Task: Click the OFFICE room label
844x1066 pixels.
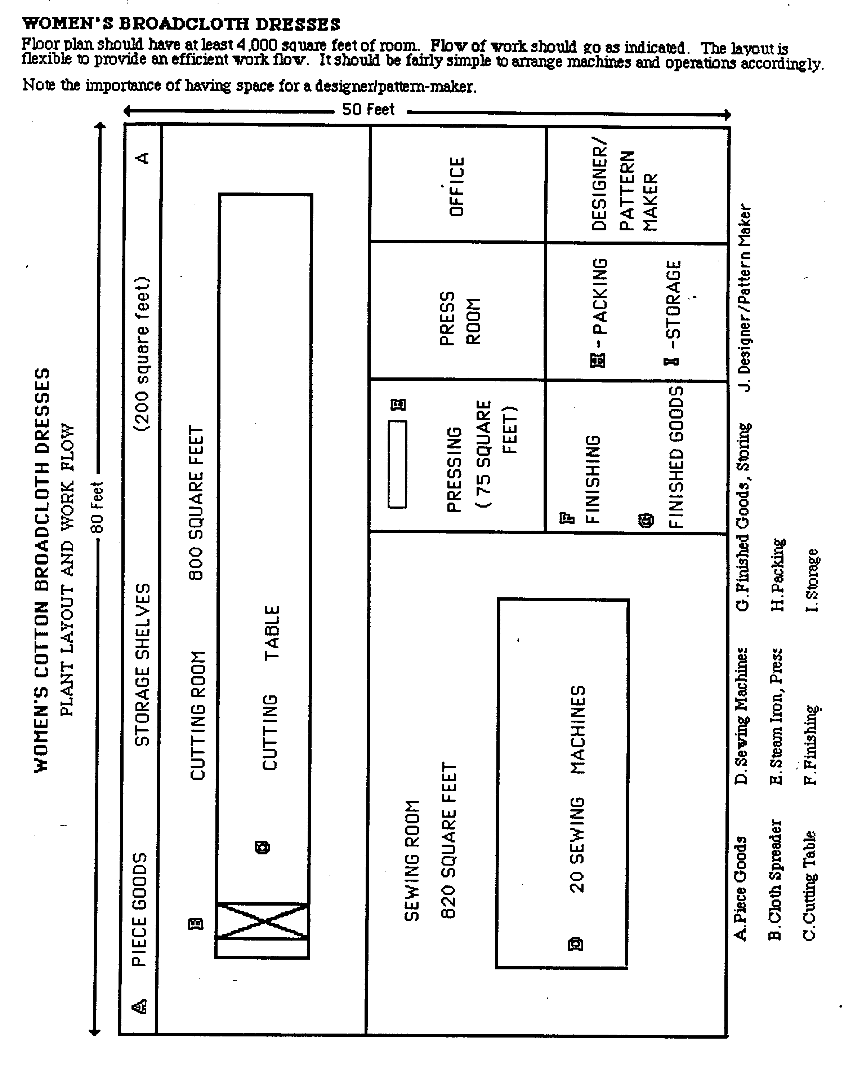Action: (457, 186)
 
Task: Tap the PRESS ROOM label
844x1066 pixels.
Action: (460, 318)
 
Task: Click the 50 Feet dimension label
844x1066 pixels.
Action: (368, 109)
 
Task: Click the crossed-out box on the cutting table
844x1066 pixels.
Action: (262, 921)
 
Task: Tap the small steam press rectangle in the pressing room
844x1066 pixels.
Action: (397, 464)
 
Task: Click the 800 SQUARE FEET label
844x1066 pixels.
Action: (196, 502)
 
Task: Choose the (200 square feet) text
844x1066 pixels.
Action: (142, 354)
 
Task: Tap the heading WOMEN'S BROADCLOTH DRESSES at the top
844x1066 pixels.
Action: (181, 24)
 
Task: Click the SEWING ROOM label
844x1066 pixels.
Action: (412, 860)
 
